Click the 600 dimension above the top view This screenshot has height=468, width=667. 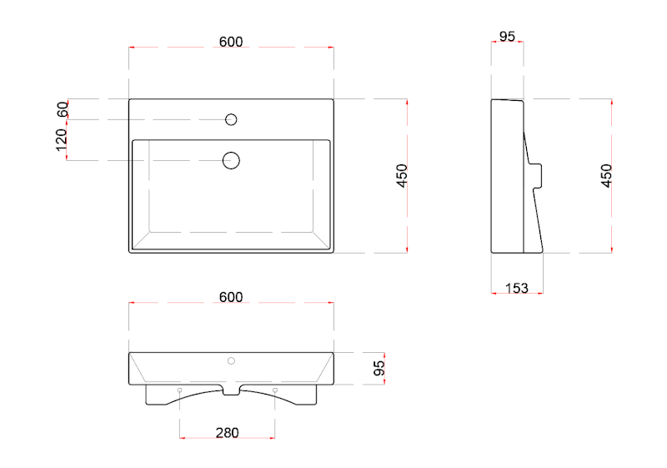tap(231, 42)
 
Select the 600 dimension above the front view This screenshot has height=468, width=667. tap(231, 297)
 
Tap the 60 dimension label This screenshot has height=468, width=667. tap(63, 109)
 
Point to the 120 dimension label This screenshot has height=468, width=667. tap(61, 140)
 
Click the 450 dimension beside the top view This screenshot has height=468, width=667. tap(402, 175)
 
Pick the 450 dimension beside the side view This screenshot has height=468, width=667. tap(606, 175)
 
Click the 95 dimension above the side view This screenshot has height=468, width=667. tap(507, 37)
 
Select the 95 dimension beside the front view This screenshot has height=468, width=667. tap(379, 368)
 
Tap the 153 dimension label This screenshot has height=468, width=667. tap(517, 288)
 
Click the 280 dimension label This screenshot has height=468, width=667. tap(227, 433)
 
